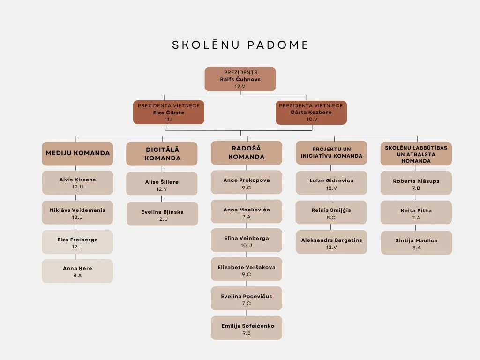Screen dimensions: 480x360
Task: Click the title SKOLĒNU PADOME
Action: pyautogui.click(x=240, y=45)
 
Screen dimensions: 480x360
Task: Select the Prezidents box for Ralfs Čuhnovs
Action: pyautogui.click(x=240, y=79)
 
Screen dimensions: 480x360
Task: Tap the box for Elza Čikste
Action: pyautogui.click(x=169, y=112)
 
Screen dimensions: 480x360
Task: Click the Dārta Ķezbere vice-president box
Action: pyautogui.click(x=311, y=112)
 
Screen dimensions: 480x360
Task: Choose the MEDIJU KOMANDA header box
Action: pyautogui.click(x=77, y=154)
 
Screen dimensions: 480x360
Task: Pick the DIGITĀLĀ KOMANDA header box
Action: pyautogui.click(x=162, y=154)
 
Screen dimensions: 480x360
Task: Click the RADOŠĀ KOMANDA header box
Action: pyautogui.click(x=247, y=153)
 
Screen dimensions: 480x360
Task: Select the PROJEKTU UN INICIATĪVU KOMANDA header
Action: pyautogui.click(x=331, y=153)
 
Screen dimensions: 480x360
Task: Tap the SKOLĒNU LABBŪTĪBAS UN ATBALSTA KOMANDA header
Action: pyautogui.click(x=416, y=154)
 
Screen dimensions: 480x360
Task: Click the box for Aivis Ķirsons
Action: pyautogui.click(x=77, y=183)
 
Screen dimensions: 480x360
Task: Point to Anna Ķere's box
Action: pyautogui.click(x=77, y=271)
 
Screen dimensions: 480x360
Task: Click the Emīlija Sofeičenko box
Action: pyautogui.click(x=247, y=328)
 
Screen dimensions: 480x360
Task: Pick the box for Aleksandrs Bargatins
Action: pyautogui.click(x=331, y=242)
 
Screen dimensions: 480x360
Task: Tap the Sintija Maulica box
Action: pyautogui.click(x=417, y=243)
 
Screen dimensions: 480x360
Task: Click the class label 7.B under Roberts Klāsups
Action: pyautogui.click(x=416, y=188)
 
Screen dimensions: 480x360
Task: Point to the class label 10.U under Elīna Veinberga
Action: pyautogui.click(x=247, y=246)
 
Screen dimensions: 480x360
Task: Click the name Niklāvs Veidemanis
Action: pyautogui.click(x=77, y=210)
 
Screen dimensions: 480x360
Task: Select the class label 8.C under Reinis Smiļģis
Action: pyautogui.click(x=331, y=217)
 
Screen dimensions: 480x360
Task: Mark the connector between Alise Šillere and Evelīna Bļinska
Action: pyautogui.click(x=162, y=199)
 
